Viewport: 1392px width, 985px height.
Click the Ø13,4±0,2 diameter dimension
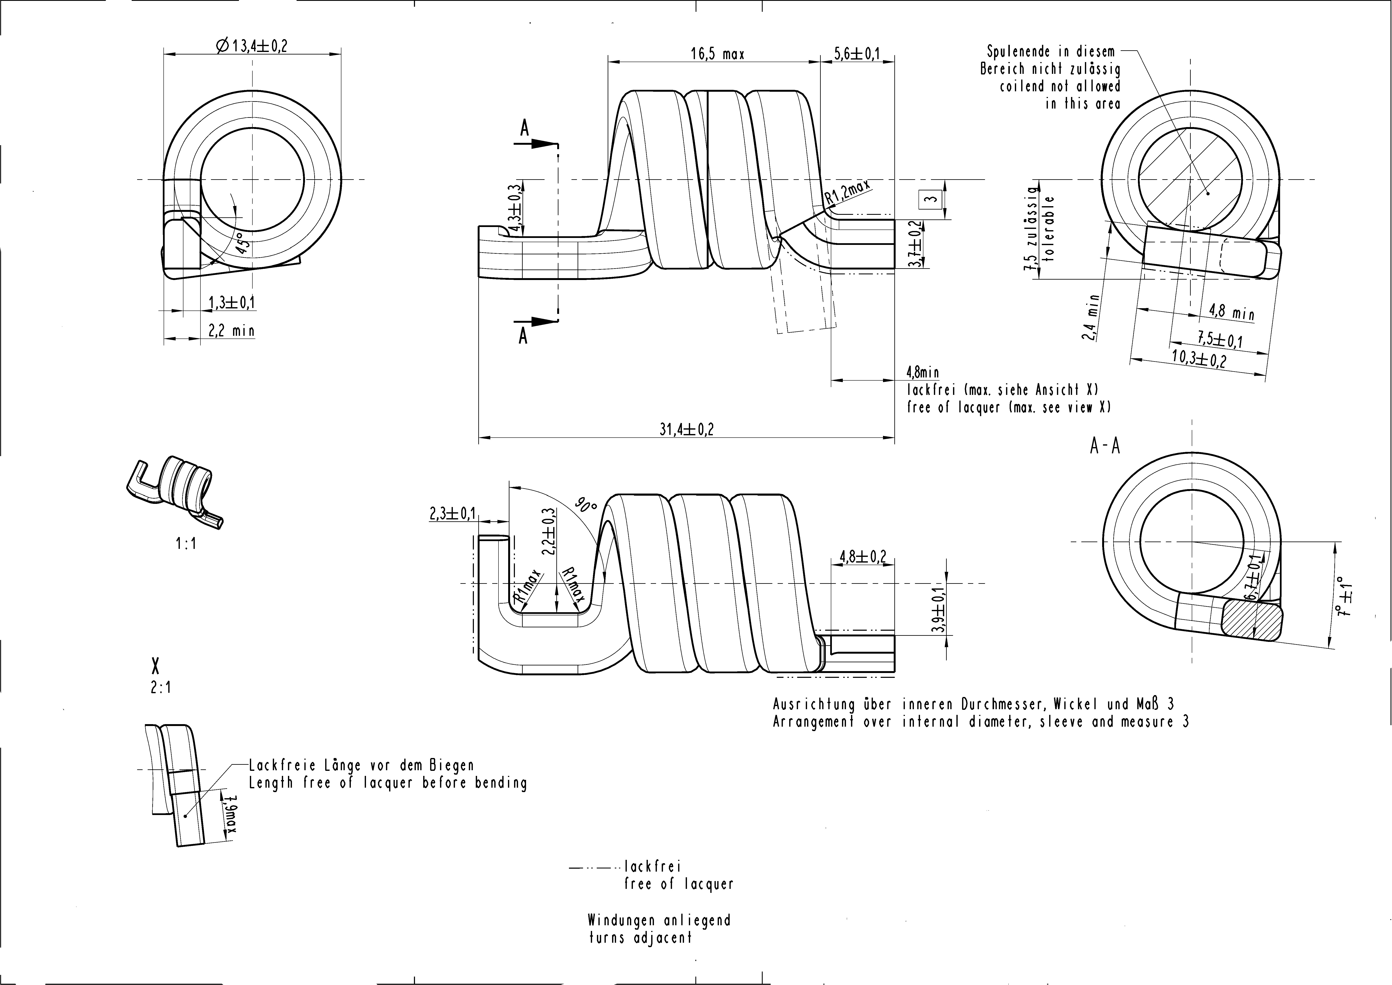point(251,45)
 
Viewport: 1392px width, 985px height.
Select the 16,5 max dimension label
point(717,54)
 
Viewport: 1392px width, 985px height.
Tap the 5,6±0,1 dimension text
point(857,53)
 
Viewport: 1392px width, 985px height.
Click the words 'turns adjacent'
point(640,938)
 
